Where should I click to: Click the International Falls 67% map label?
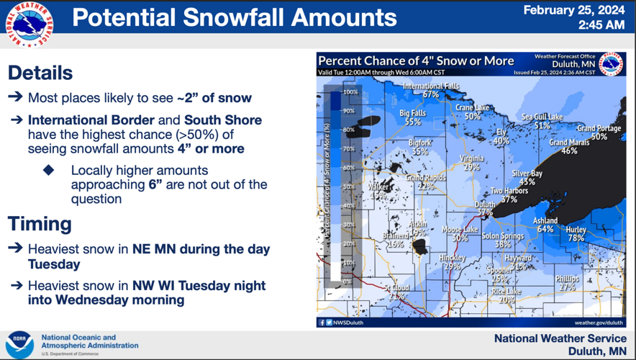tap(430, 90)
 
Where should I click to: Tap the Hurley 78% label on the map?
tap(576, 233)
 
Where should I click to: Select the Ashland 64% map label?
tap(545, 225)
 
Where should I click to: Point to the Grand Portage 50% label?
tap(599, 132)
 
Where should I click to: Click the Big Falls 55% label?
tap(413, 117)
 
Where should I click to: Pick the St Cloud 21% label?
tap(396, 292)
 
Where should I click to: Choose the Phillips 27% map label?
tap(567, 282)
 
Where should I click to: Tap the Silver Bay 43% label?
tap(527, 177)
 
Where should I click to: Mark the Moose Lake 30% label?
tap(460, 233)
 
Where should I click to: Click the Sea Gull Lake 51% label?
tap(542, 120)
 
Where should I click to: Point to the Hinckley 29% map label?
tap(452, 261)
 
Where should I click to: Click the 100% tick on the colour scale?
tap(350, 92)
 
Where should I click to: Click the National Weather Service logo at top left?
tap(29, 26)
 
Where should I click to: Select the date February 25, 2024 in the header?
tap(573, 10)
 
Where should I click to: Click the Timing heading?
tap(40, 223)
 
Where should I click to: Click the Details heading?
tap(40, 73)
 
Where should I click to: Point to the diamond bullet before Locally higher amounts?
tap(49, 171)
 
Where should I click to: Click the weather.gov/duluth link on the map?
tap(599, 323)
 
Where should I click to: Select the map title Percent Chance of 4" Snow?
tap(416, 61)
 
